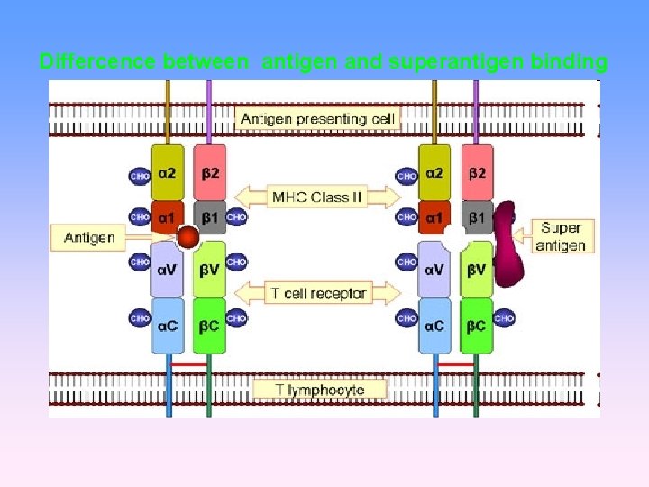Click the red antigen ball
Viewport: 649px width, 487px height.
pyautogui.click(x=187, y=238)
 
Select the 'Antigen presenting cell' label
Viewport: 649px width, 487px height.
pyautogui.click(x=316, y=118)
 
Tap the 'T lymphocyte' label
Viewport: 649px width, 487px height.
pyautogui.click(x=320, y=390)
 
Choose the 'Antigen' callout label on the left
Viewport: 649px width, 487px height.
pyautogui.click(x=89, y=238)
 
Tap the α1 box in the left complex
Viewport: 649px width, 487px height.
pyautogui.click(x=167, y=216)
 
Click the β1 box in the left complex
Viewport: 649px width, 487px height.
pyautogui.click(x=210, y=216)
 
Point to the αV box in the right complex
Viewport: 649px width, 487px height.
pyautogui.click(x=434, y=268)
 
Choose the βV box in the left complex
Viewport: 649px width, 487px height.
pyautogui.click(x=208, y=268)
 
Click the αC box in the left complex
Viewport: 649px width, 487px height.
pyautogui.click(x=167, y=325)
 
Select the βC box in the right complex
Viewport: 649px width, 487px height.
pyautogui.click(x=476, y=325)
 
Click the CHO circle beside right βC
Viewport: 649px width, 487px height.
pyautogui.click(x=504, y=318)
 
